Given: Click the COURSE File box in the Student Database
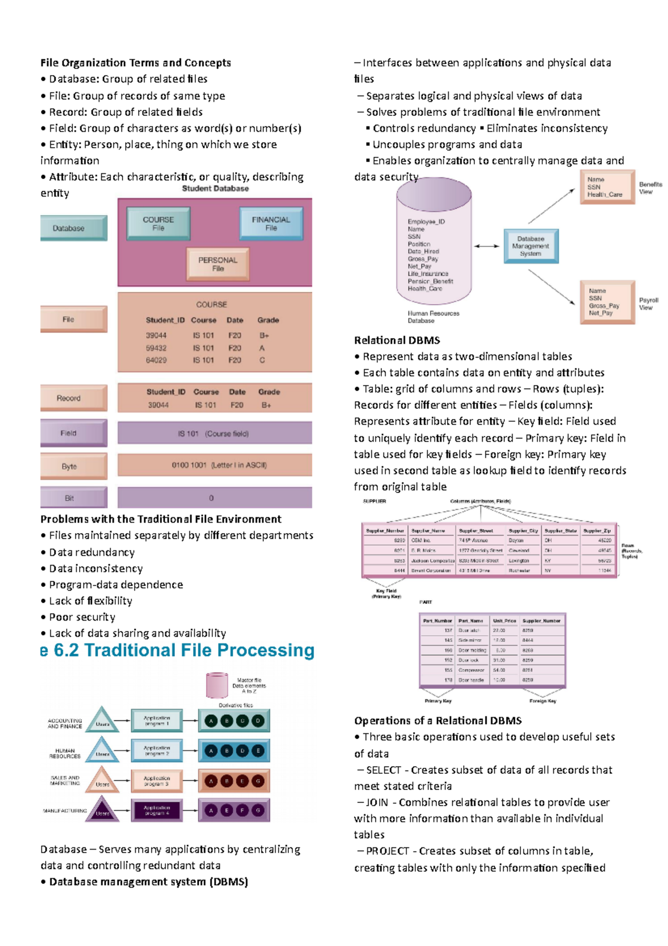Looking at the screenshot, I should [x=158, y=223].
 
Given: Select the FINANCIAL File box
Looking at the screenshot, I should [x=271, y=223].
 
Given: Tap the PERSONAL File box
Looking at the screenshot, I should [x=218, y=264].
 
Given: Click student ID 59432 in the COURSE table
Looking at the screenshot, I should [x=156, y=348].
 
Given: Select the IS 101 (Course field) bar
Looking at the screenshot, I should [x=214, y=433].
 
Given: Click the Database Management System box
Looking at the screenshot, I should [x=531, y=246].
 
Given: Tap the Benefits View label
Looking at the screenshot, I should [x=650, y=188].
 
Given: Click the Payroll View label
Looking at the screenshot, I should [x=649, y=304].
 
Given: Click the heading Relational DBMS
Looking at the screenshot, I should [x=397, y=340].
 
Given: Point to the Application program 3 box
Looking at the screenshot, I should [x=156, y=781].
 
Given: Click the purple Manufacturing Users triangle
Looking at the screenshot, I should [x=102, y=811].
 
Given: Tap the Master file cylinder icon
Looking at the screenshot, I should [x=217, y=685].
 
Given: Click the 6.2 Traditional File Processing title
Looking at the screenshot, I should [x=184, y=650].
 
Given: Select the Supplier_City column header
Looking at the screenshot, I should [x=523, y=530].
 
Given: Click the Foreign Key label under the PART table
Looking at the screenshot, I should [x=542, y=701].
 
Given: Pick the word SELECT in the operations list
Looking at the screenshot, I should [x=384, y=770].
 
